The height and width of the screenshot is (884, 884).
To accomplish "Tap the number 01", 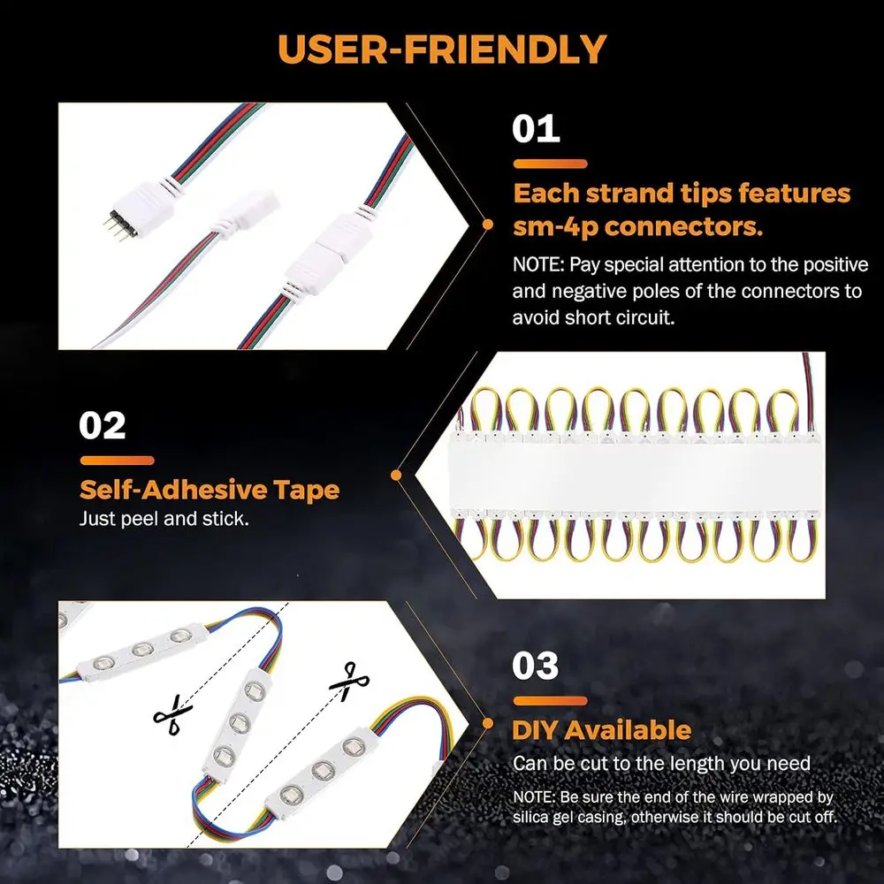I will coord(536,128).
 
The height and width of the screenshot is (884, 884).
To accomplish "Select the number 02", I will coord(103,425).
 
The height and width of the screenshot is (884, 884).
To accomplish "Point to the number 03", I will coord(536,666).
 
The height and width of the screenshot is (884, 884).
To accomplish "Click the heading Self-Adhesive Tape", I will coord(210,490).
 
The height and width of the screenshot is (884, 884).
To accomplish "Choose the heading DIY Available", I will coord(601,730).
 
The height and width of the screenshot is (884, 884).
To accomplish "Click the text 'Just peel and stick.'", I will coord(164,518).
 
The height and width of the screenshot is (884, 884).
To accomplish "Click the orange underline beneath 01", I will coord(549,164).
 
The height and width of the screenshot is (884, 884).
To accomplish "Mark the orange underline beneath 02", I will coord(117,460).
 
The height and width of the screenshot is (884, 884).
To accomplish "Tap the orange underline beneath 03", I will coord(549,700).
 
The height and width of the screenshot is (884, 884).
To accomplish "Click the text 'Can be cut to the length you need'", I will coord(661,763).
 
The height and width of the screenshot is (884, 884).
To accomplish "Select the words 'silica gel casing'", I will coord(569,818).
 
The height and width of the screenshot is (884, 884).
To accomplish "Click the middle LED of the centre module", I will coord(236,721).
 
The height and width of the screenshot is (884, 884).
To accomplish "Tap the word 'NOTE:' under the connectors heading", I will coord(537,264).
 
